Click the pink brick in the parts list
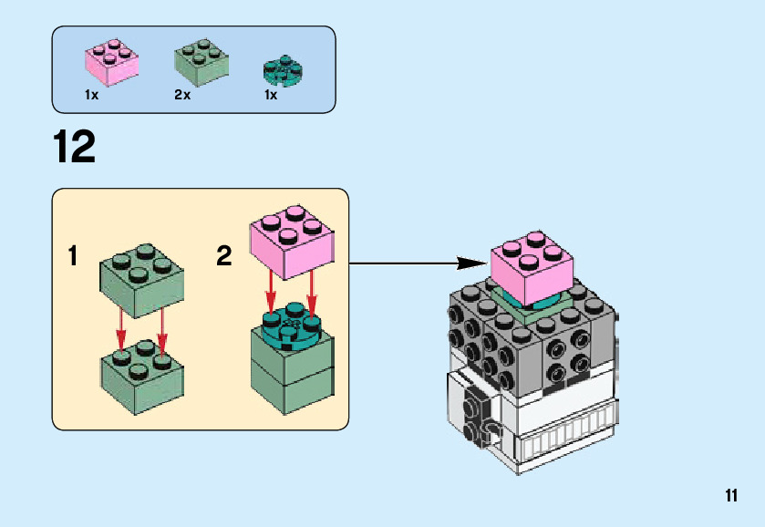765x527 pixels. pos(112,60)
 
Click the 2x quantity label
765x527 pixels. pos(182,95)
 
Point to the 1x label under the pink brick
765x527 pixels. pos(91,95)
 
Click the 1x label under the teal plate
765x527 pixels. pos(271,95)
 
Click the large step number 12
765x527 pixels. pos(74,148)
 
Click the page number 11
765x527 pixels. pos(730,496)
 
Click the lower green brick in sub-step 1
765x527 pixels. pos(140,371)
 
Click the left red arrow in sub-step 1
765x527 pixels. pos(122,332)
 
